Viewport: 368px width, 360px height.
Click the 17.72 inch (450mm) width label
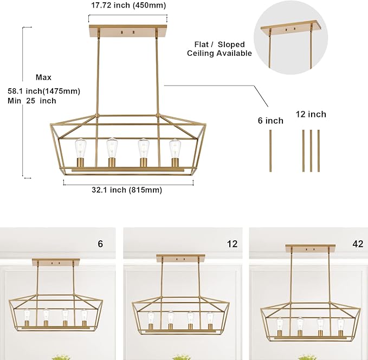[x=128, y=5]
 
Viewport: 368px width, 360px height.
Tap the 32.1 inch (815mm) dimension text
[x=127, y=190]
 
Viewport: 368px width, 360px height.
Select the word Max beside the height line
[x=43, y=77]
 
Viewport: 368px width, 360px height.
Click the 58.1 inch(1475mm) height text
[x=44, y=91]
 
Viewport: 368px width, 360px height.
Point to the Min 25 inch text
[x=32, y=101]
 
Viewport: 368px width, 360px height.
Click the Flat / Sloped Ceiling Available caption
[x=219, y=49]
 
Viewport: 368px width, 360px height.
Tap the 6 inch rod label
[x=270, y=121]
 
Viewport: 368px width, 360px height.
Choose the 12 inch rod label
[x=311, y=114]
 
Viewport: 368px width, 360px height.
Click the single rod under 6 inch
[x=270, y=150]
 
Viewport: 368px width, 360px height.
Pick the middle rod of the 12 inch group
[x=311, y=150]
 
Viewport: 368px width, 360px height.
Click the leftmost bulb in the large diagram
[x=81, y=148]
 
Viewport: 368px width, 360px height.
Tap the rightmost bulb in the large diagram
[x=175, y=148]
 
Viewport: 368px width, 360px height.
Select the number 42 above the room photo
[x=358, y=244]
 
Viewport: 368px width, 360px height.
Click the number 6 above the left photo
[x=100, y=244]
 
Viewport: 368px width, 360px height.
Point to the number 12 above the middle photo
[x=233, y=244]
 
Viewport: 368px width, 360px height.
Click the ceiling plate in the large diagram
[x=128, y=30]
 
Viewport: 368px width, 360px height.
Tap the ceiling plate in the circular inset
[x=291, y=27]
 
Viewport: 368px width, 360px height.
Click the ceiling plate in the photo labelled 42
[x=310, y=248]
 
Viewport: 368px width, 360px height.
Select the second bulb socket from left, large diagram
[x=112, y=162]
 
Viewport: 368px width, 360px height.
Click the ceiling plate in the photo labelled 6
[x=56, y=262]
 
